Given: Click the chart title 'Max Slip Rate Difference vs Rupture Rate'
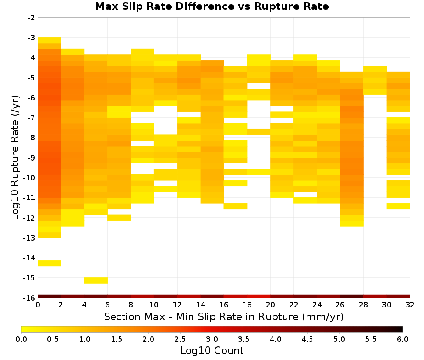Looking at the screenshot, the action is click(212, 6).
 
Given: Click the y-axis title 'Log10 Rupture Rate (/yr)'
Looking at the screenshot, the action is click(15, 158).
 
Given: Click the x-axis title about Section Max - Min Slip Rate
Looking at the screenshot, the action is click(223, 317).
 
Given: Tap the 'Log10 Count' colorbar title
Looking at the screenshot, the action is click(212, 351).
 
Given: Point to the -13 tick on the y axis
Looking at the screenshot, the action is click(32, 238).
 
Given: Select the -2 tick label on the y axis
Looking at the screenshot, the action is click(32, 18).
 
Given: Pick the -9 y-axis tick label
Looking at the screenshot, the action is click(32, 158).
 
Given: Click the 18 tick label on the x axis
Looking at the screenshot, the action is click(247, 305).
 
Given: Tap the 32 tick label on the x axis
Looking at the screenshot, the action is click(410, 305).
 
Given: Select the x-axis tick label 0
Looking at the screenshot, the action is click(38, 305).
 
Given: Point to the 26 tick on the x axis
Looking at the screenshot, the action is click(340, 305).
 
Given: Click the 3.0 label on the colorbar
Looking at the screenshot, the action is click(212, 339).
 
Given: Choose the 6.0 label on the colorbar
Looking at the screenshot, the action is click(403, 339).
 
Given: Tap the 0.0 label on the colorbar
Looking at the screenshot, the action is click(21, 339).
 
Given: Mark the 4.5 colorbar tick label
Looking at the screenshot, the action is click(307, 339).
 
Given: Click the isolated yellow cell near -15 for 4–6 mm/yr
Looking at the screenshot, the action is click(96, 281).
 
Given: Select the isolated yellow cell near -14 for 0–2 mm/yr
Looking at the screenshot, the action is click(50, 263).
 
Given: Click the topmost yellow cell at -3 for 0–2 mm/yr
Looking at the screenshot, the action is click(50, 40).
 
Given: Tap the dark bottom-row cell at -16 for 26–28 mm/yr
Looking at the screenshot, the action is click(352, 296).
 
